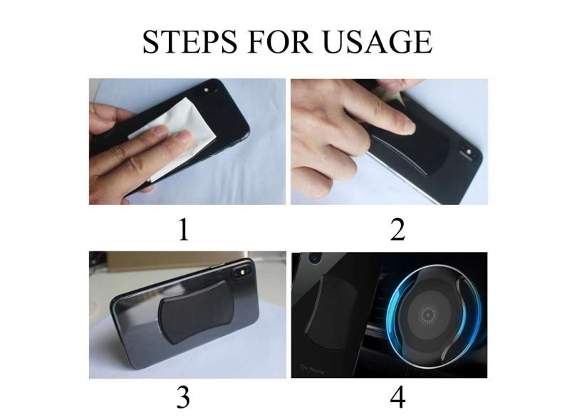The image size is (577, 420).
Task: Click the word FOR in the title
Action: pos(279,41)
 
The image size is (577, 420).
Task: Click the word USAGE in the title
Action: pos(377,41)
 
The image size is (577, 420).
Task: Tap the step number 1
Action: pos(184,230)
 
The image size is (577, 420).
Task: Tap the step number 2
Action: pos(397,230)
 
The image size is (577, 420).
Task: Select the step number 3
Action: pos(183,397)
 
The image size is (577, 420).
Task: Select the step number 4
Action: pos(397,397)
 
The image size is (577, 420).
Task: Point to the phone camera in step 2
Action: pos(468,152)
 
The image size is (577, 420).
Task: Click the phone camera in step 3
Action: pos(242,273)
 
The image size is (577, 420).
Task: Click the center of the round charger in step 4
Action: pos(428,315)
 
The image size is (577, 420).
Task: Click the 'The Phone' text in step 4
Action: pos(312,369)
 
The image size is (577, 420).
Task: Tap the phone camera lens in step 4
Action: pos(314,258)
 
